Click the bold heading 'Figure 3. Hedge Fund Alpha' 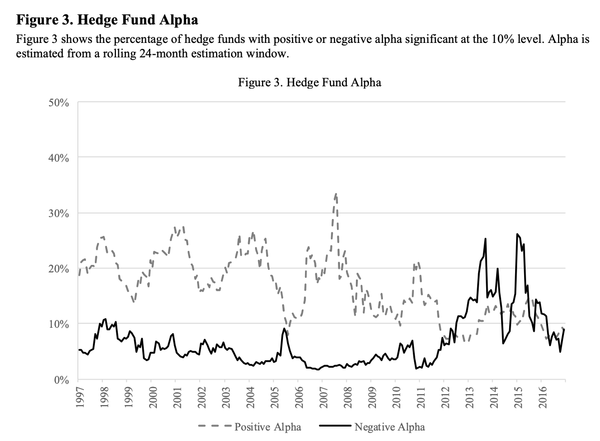pos(107,20)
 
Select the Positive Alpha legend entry pos(250,427)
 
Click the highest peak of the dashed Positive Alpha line pos(336,194)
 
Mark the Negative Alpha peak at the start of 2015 pos(517,234)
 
